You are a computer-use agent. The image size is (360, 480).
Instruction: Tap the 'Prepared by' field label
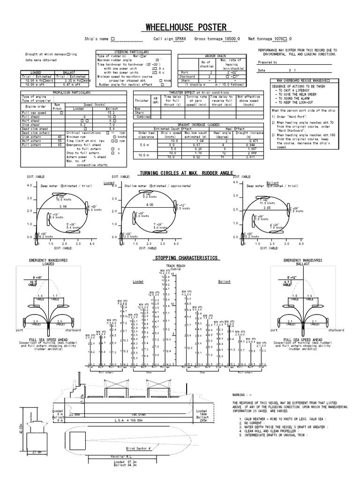(x=268, y=62)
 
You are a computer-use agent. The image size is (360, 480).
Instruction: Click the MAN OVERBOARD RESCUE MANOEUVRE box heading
(x=303, y=81)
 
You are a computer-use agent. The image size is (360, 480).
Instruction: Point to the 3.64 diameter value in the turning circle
(x=63, y=206)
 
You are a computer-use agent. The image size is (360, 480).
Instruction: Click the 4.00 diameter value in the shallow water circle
(x=150, y=205)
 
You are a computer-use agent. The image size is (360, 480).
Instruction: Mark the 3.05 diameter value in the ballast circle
(x=267, y=207)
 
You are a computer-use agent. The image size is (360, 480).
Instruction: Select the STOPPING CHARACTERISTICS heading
(x=186, y=258)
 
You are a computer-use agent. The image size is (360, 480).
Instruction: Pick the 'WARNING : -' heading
(x=242, y=395)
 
